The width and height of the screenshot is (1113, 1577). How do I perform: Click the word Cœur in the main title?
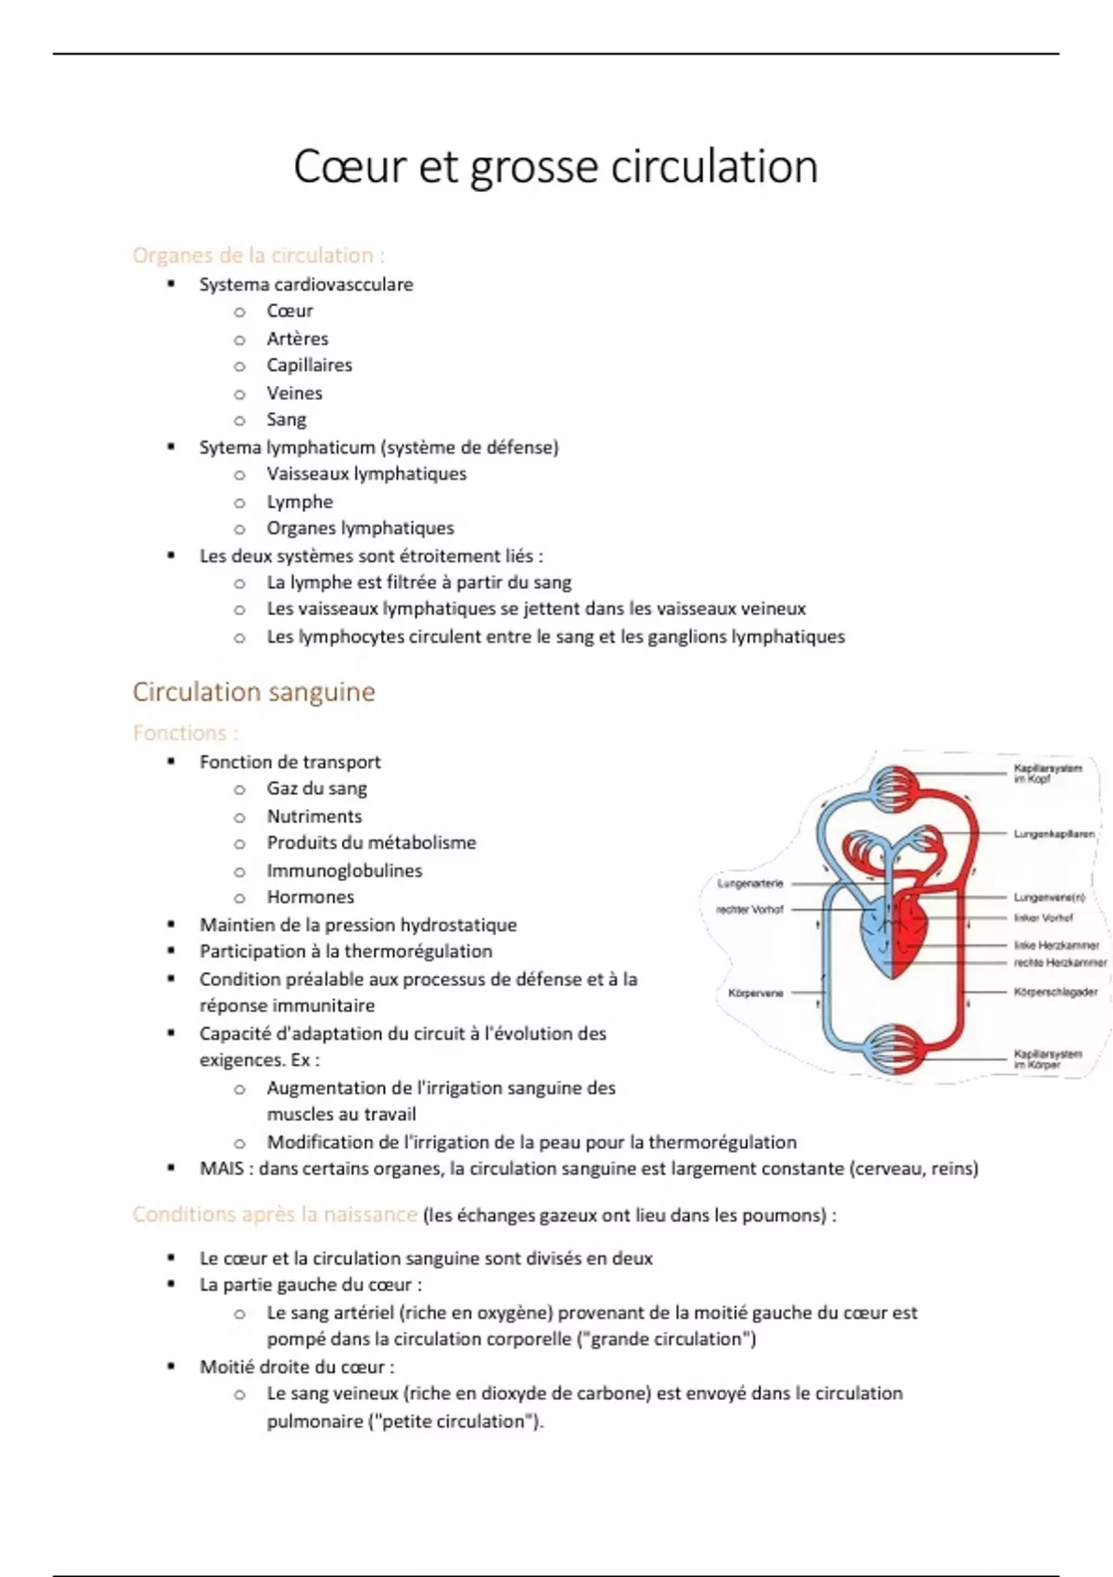click(x=350, y=167)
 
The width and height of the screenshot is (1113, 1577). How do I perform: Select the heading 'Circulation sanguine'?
click(x=253, y=692)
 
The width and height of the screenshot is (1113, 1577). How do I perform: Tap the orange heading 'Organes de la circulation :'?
click(x=258, y=255)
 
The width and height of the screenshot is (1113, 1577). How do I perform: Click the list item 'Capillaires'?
click(x=309, y=365)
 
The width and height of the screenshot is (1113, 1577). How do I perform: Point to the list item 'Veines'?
click(x=294, y=392)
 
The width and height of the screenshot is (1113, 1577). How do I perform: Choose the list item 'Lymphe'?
click(x=300, y=502)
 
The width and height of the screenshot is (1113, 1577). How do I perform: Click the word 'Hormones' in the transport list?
click(x=310, y=897)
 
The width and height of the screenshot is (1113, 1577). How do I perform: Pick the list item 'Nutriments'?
click(x=314, y=816)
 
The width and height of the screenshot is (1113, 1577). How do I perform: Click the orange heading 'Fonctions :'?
click(x=185, y=733)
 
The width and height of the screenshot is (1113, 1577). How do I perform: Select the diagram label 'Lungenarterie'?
click(x=750, y=883)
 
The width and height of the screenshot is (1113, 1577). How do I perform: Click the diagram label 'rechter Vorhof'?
click(x=750, y=909)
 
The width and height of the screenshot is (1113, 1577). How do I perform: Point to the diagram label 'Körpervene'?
click(x=756, y=993)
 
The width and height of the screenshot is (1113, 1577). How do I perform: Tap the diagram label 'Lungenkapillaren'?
click(x=1054, y=834)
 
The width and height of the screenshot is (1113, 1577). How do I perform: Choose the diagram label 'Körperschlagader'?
click(x=1055, y=992)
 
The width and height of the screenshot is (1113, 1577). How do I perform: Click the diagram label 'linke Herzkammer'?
click(x=1056, y=945)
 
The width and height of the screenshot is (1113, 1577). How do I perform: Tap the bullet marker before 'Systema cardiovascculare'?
click(x=171, y=284)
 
